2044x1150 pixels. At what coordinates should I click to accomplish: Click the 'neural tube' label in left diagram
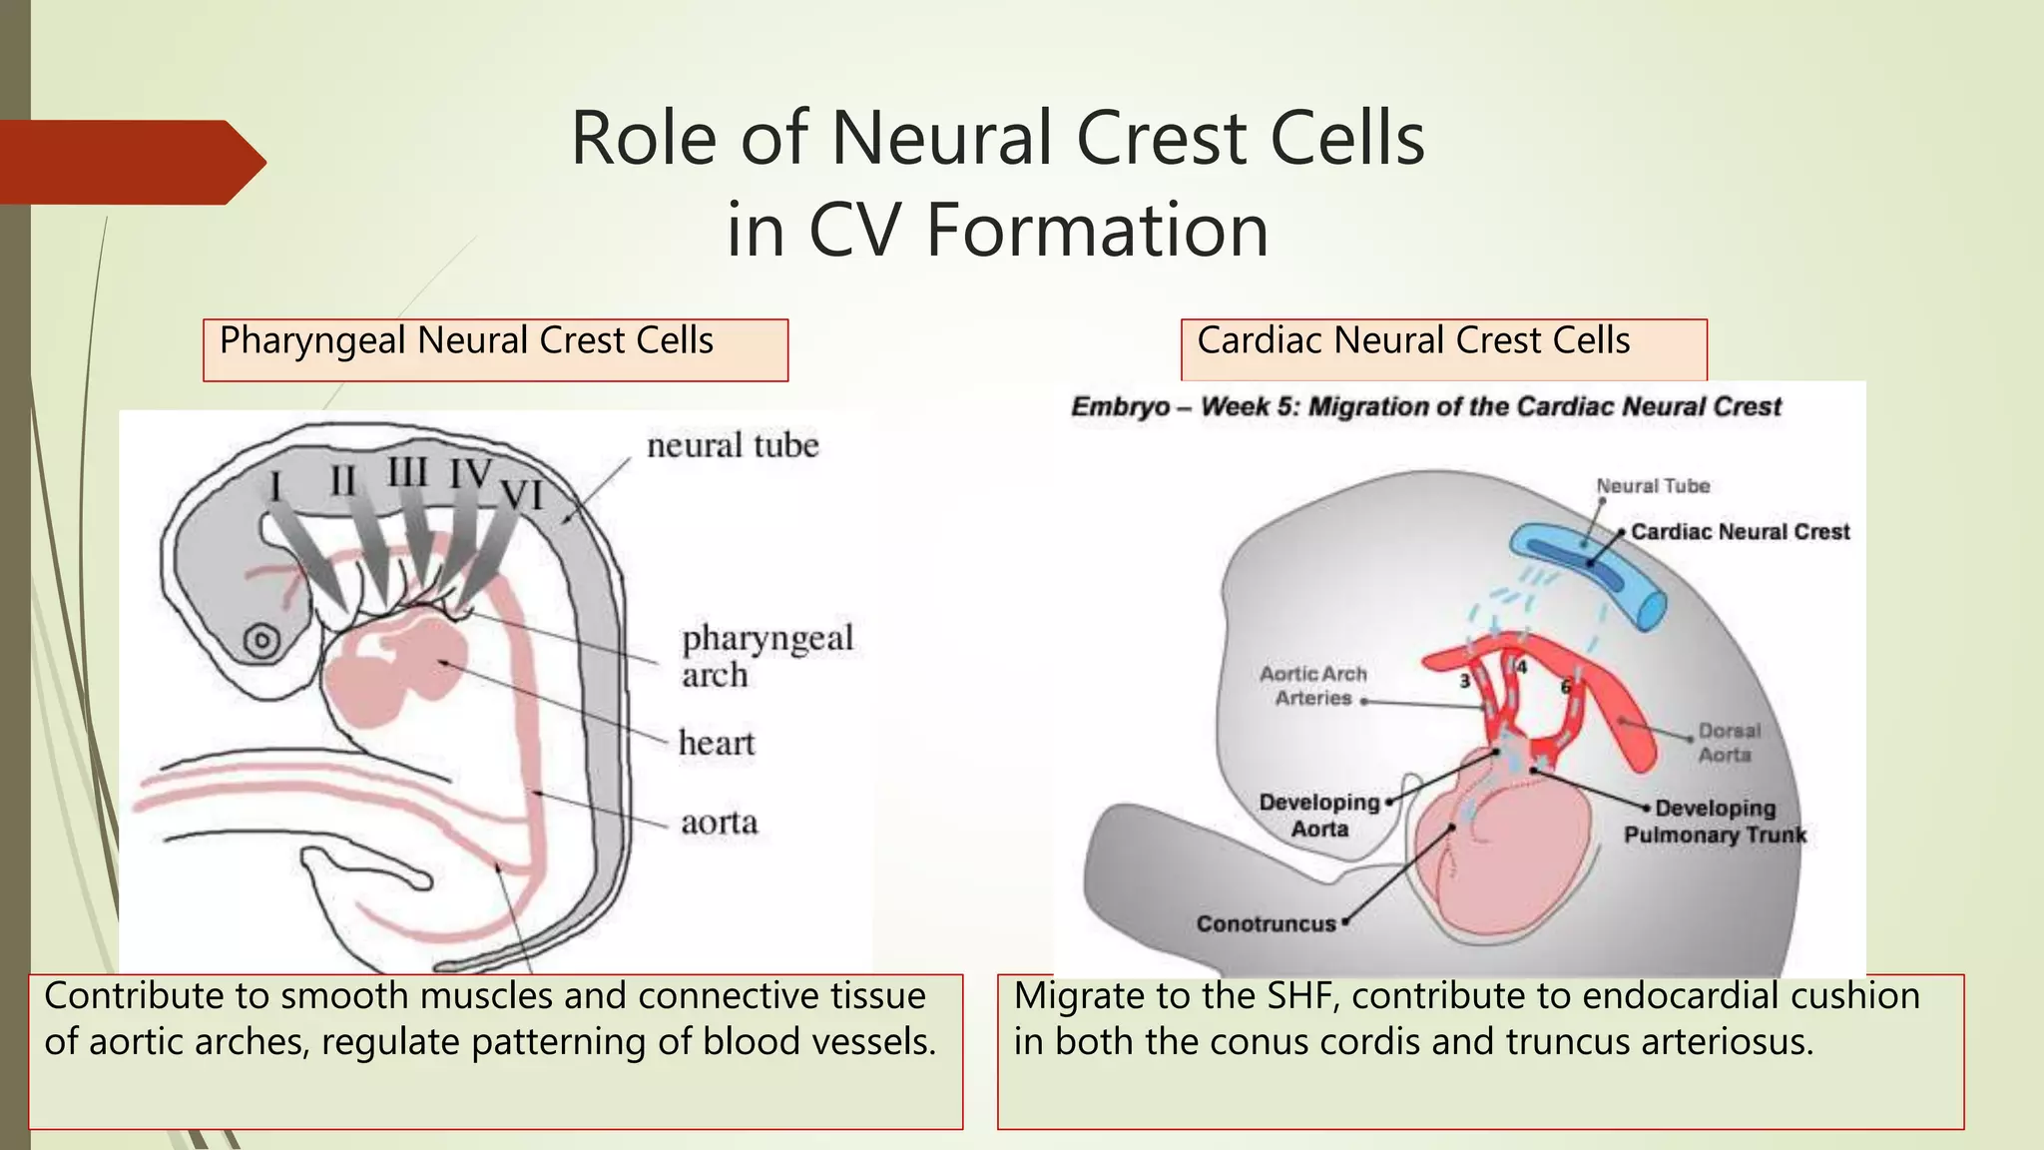pyautogui.click(x=732, y=445)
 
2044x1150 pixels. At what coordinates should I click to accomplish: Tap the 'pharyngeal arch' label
pyautogui.click(x=766, y=656)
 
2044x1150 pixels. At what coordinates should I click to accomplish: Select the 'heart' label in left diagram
pyautogui.click(x=716, y=743)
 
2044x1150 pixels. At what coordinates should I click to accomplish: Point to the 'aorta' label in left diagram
pyautogui.click(x=719, y=823)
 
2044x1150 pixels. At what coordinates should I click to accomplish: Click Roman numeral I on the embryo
pyautogui.click(x=275, y=487)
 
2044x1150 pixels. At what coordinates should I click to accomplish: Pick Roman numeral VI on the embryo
pyautogui.click(x=521, y=495)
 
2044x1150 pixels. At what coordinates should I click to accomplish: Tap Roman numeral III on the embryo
pyautogui.click(x=407, y=472)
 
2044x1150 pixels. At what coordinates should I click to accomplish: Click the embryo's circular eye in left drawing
pyautogui.click(x=261, y=641)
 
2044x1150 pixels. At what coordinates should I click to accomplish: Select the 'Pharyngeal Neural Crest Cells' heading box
pyautogui.click(x=495, y=349)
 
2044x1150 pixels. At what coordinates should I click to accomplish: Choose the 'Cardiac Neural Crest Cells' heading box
pyautogui.click(x=1443, y=349)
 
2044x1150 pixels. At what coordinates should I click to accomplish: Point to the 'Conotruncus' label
pyautogui.click(x=1265, y=924)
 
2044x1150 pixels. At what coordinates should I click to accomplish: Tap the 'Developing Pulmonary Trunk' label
pyautogui.click(x=1715, y=822)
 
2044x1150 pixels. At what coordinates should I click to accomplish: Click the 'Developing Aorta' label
pyautogui.click(x=1318, y=816)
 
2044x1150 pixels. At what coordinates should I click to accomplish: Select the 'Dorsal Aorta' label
pyautogui.click(x=1728, y=743)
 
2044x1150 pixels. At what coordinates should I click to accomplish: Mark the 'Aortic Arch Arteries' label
pyautogui.click(x=1312, y=686)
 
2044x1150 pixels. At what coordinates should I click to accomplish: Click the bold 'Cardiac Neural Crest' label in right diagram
pyautogui.click(x=1740, y=532)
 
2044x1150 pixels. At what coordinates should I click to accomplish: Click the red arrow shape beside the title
pyautogui.click(x=130, y=162)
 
